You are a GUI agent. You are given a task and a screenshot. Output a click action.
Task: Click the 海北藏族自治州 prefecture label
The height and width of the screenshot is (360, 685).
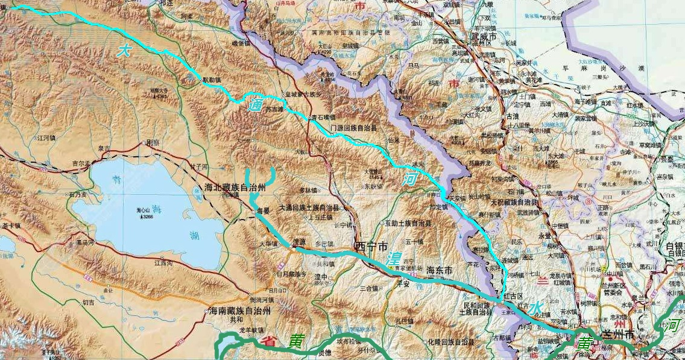click(x=235, y=188)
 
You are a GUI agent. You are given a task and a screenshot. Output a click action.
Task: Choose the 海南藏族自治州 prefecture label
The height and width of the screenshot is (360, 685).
click(x=239, y=311)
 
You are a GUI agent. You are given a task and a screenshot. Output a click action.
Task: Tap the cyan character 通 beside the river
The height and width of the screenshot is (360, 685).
click(x=256, y=106)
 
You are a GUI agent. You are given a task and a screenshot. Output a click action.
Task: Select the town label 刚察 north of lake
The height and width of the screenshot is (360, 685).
click(x=152, y=143)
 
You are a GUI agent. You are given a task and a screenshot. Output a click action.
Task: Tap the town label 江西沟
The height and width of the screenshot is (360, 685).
click(x=164, y=263)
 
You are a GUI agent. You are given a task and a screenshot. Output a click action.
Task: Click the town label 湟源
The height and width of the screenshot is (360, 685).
click(x=299, y=241)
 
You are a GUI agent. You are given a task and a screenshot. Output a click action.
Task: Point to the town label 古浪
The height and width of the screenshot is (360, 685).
click(x=513, y=116)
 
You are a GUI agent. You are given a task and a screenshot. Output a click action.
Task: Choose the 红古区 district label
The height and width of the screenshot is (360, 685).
click(x=516, y=295)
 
